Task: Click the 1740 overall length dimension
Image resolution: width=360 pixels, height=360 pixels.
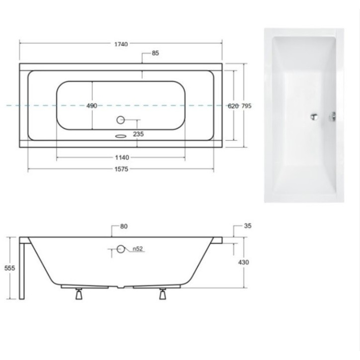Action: pyautogui.click(x=121, y=44)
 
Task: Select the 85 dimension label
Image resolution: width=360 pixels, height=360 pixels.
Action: pyautogui.click(x=155, y=54)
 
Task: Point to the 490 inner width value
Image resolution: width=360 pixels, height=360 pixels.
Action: pyautogui.click(x=91, y=106)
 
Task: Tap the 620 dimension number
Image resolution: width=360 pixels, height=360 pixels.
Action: pyautogui.click(x=233, y=106)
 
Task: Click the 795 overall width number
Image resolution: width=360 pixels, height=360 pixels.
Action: pyautogui.click(x=247, y=106)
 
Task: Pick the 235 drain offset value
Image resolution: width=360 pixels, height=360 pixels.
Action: pyautogui.click(x=139, y=133)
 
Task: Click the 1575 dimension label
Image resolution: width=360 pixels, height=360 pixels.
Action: pyautogui.click(x=121, y=170)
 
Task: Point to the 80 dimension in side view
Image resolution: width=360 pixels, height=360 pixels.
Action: pyautogui.click(x=124, y=227)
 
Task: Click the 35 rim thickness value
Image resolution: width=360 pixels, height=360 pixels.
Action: pyautogui.click(x=248, y=226)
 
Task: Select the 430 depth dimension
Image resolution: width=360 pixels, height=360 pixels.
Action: pyautogui.click(x=244, y=262)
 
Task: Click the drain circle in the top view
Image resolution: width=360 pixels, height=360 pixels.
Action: pyautogui.click(x=121, y=120)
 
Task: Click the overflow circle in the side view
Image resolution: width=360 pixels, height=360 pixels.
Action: pyautogui.click(x=121, y=250)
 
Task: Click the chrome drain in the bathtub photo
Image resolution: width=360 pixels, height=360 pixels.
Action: pyautogui.click(x=313, y=117)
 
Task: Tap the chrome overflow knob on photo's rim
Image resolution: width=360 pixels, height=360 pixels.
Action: pyautogui.click(x=333, y=117)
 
